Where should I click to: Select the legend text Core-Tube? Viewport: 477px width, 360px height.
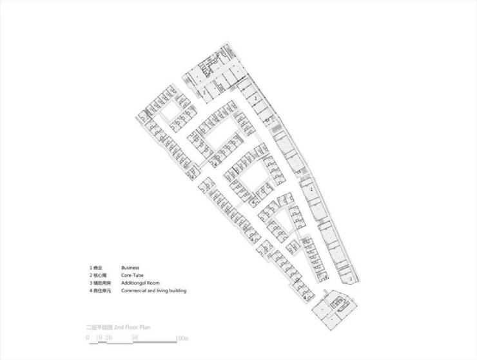tap(131, 275)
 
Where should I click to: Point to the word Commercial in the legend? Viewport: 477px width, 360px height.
tap(134, 291)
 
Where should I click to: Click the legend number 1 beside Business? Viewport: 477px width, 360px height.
tap(90, 267)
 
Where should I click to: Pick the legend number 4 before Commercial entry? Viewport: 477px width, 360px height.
tap(90, 291)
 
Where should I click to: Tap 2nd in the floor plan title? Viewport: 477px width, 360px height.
tap(120, 327)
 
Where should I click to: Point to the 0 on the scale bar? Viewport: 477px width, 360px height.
tap(88, 337)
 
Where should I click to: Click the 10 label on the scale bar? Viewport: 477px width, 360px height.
tap(99, 337)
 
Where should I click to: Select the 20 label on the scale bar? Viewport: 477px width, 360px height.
tap(109, 337)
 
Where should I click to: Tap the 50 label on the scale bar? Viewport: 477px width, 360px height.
tap(134, 337)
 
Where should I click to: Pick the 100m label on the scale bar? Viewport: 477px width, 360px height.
tap(181, 337)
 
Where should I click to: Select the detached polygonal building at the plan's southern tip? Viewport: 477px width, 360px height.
tap(333, 308)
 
